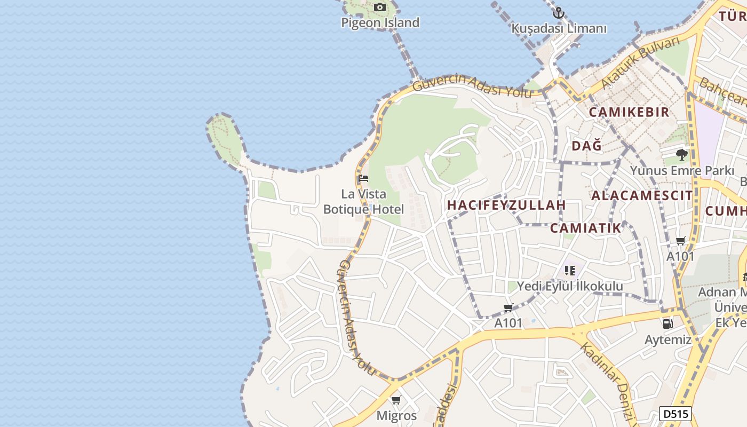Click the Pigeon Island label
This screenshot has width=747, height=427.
click(380, 22)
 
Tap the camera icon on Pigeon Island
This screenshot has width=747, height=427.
click(380, 7)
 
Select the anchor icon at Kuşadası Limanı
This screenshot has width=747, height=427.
click(559, 12)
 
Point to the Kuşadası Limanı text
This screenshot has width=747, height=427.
click(559, 28)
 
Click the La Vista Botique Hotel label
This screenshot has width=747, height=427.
click(363, 201)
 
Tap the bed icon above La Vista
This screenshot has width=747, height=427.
click(363, 178)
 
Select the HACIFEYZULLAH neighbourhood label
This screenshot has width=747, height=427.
click(506, 205)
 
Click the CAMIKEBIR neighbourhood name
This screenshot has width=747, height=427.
click(629, 112)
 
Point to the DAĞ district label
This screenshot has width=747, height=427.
click(586, 146)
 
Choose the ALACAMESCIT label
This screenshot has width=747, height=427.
click(642, 195)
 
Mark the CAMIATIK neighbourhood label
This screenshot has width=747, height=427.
click(586, 228)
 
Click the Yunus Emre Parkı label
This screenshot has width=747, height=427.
click(682, 171)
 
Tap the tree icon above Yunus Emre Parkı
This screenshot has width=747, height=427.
click(681, 155)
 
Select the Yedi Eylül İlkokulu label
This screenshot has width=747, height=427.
click(570, 286)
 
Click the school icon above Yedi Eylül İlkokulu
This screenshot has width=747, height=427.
click(570, 271)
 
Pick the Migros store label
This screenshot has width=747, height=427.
click(396, 415)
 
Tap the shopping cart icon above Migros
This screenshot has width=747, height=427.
click(396, 400)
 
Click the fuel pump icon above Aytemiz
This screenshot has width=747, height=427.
click(667, 323)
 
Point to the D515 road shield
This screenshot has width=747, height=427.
click(676, 414)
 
